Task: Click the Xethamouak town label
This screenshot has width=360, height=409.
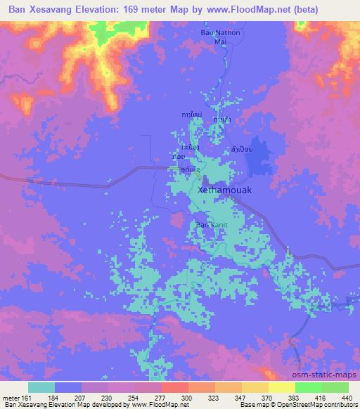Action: [226, 190]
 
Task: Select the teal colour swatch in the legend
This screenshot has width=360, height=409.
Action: [41, 387]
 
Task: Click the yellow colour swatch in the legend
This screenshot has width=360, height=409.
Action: [281, 387]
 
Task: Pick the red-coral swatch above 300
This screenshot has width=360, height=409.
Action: [174, 387]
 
